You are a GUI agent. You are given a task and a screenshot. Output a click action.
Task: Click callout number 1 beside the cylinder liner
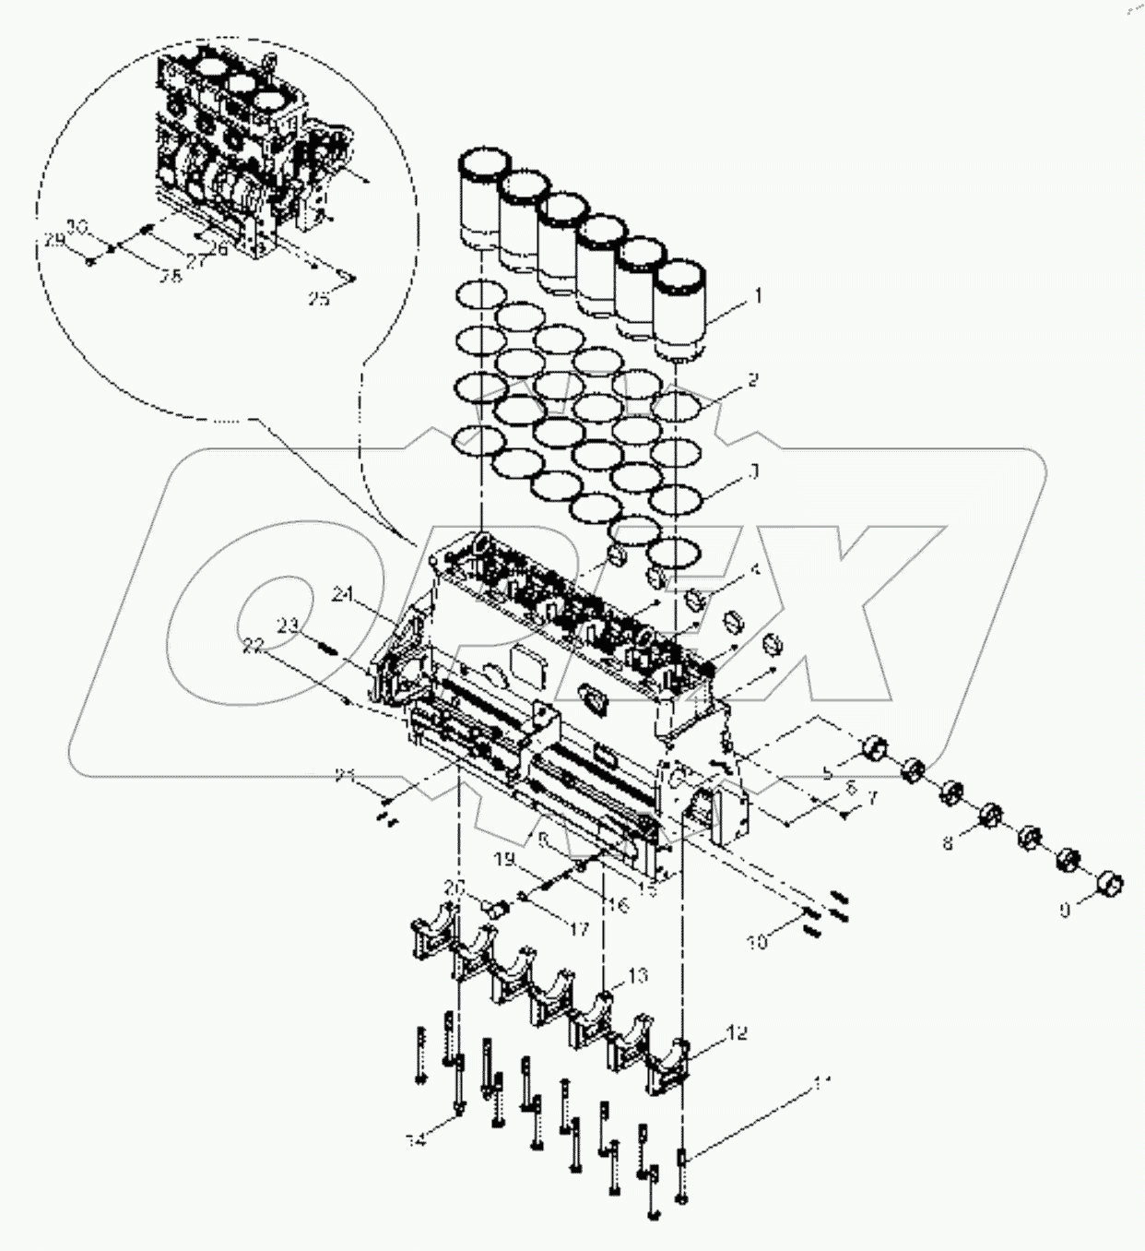click(x=758, y=296)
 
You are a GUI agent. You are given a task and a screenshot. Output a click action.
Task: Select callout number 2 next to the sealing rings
click(x=752, y=379)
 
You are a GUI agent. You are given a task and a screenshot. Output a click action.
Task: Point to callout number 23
click(x=289, y=625)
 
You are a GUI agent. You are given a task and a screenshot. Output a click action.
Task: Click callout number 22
click(x=254, y=648)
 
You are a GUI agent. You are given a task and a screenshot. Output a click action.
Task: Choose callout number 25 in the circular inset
click(x=318, y=298)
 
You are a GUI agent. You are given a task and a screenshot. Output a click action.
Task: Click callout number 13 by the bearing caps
click(x=638, y=975)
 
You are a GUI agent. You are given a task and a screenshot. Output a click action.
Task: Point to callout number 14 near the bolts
click(x=418, y=1140)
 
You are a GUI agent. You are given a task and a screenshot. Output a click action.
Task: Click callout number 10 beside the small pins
click(x=757, y=943)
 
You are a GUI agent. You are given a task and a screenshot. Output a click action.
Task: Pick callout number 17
click(x=577, y=930)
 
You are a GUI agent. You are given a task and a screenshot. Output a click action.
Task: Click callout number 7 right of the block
click(x=872, y=794)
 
